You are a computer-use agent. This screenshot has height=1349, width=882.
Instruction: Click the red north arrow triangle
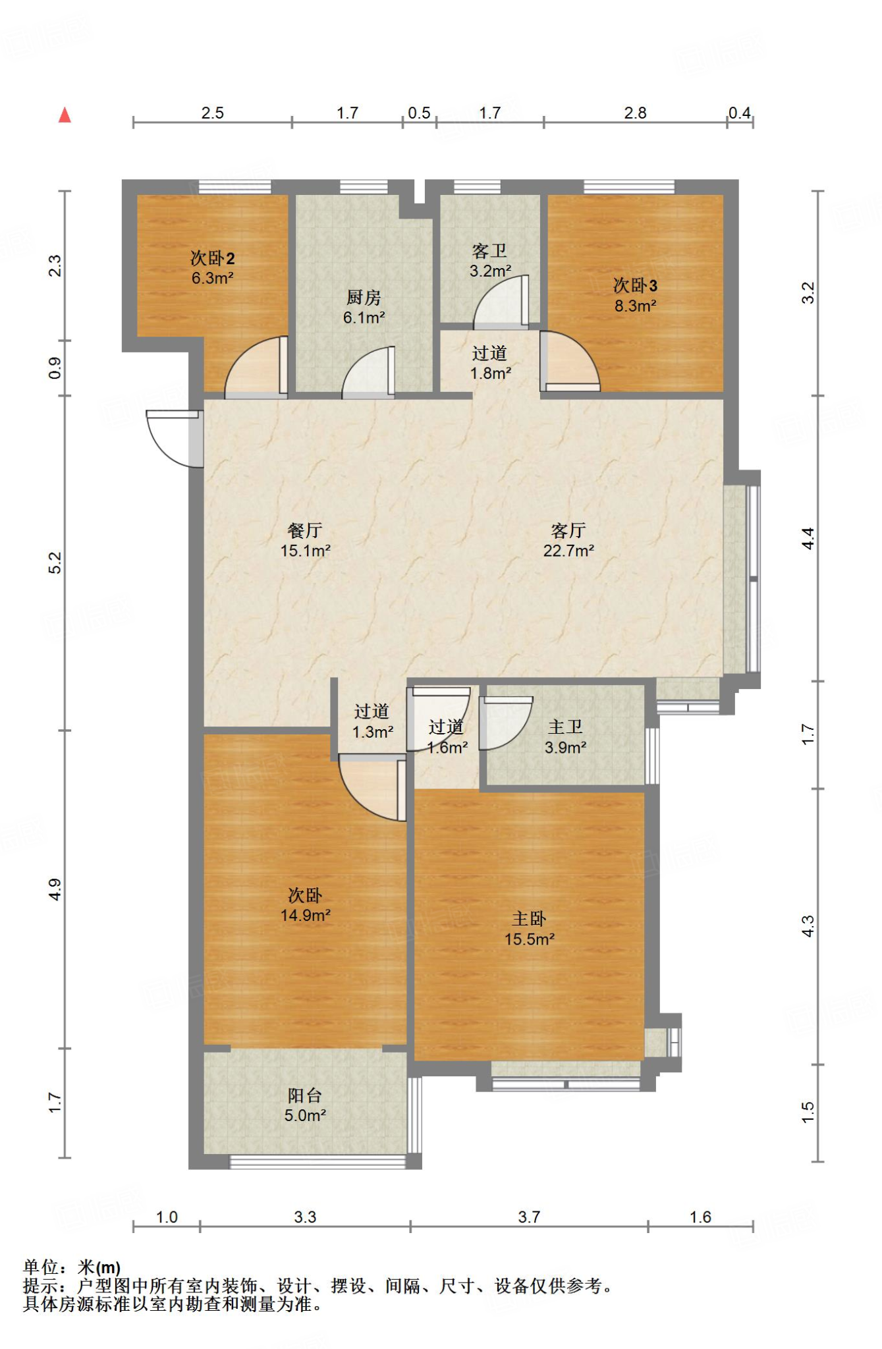[x=65, y=115]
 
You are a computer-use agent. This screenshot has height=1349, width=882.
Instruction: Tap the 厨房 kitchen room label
[x=364, y=307]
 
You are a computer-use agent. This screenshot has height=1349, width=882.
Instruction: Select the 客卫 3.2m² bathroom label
[x=490, y=261]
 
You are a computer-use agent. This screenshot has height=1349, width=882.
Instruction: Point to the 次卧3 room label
[x=636, y=295]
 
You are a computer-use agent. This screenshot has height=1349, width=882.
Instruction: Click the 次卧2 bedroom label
[x=213, y=267]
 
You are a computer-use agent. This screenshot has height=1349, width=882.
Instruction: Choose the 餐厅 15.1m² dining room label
[x=305, y=540]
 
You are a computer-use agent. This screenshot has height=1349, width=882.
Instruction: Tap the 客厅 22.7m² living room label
[x=568, y=540]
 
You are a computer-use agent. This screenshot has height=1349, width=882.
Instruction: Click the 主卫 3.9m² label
[x=565, y=736]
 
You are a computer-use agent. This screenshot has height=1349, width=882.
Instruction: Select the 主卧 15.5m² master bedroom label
[x=529, y=929]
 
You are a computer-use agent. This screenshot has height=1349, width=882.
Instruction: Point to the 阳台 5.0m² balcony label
[x=305, y=1105]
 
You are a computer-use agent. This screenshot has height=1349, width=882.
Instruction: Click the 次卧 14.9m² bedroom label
[x=305, y=904]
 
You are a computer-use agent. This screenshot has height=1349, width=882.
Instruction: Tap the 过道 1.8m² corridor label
[x=490, y=363]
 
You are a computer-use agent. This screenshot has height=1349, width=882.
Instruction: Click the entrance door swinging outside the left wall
[x=175, y=438]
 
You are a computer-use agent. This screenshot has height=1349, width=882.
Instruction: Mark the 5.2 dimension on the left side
[x=55, y=563]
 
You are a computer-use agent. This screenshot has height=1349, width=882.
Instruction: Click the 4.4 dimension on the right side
[x=808, y=538]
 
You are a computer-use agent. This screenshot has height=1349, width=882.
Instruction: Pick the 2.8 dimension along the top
[x=636, y=113]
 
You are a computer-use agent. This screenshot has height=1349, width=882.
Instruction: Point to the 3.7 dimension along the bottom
[x=529, y=1217]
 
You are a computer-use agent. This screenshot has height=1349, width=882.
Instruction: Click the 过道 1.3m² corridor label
[x=372, y=721]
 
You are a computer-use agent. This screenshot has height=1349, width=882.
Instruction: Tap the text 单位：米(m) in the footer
[x=72, y=1267]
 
